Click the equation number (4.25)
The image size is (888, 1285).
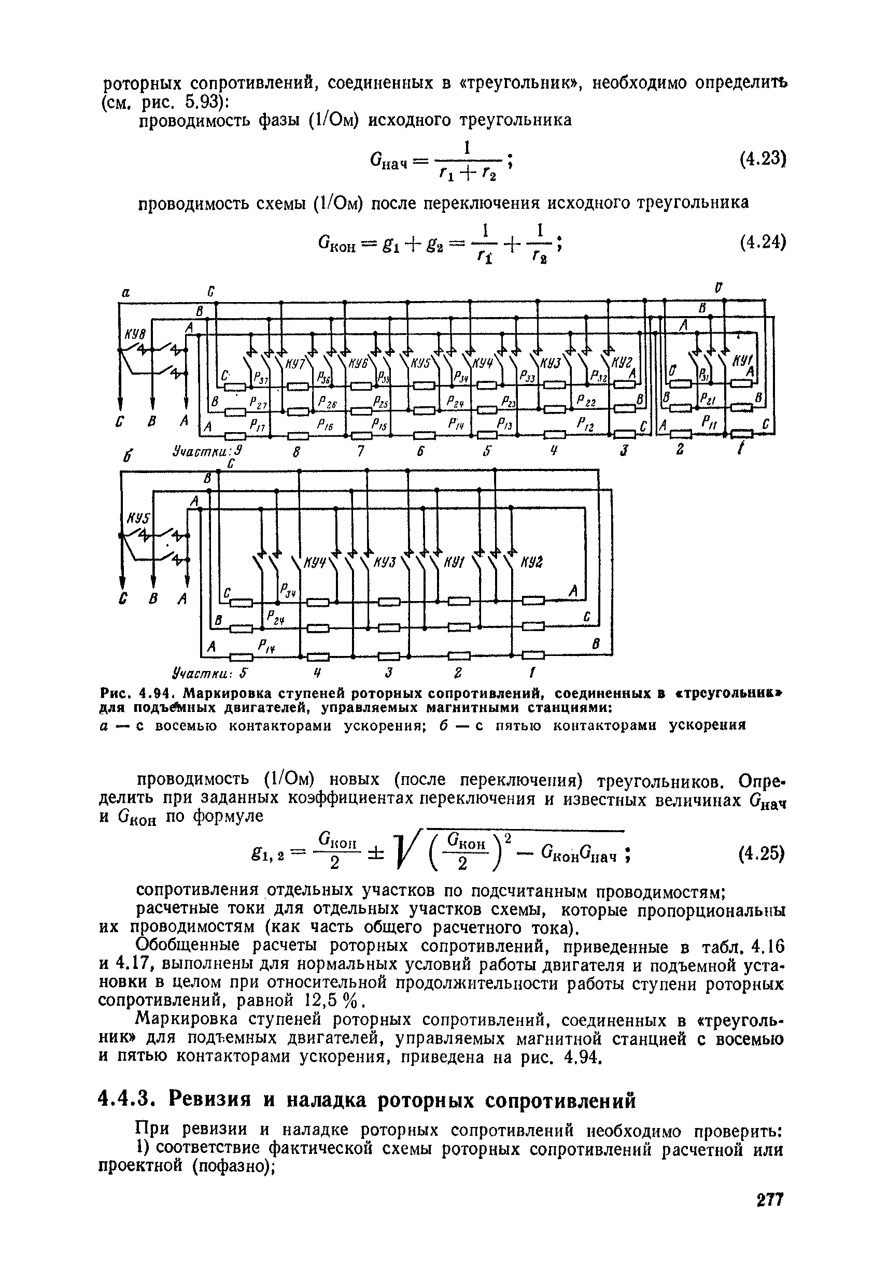point(762,853)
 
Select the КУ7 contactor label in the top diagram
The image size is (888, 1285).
point(295,364)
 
